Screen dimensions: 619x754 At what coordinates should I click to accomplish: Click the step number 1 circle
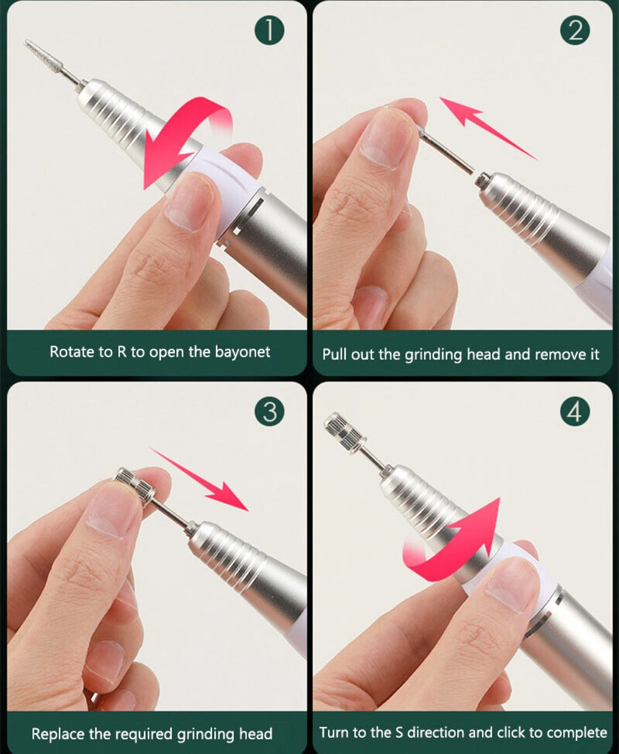269,30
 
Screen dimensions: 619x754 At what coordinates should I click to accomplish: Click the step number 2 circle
575,30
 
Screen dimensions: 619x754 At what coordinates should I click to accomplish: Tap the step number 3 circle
270,412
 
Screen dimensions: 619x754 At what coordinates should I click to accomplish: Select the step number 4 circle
575,412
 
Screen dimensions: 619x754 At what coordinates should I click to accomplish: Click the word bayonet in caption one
242,352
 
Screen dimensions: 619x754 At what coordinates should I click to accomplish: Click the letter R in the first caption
122,352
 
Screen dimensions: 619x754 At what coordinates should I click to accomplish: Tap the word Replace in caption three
58,734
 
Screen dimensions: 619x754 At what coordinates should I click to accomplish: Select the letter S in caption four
399,732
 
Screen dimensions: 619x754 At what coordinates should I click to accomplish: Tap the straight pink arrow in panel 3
199,480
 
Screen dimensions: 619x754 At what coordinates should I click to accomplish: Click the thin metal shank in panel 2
446,151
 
